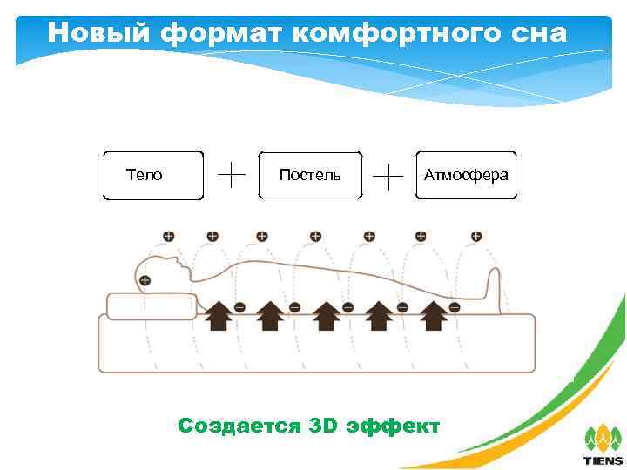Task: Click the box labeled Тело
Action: click(153, 176)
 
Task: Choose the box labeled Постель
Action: click(310, 176)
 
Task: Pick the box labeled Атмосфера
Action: click(466, 176)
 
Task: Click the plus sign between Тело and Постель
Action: click(231, 174)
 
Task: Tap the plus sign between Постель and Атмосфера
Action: click(388, 175)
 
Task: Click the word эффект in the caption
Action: click(394, 426)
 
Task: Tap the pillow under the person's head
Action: click(152, 306)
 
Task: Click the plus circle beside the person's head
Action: click(145, 280)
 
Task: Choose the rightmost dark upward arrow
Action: click(433, 315)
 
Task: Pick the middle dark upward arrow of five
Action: click(326, 315)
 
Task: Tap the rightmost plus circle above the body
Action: click(476, 236)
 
